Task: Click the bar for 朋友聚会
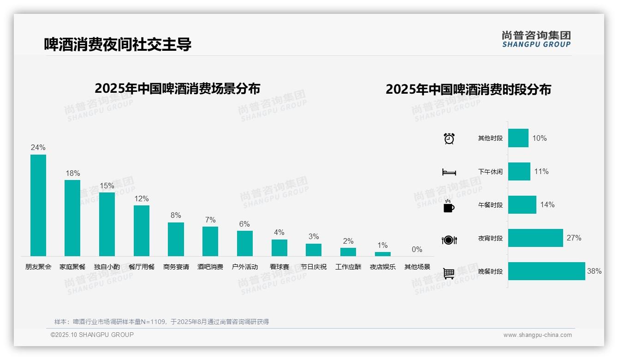point(38,205)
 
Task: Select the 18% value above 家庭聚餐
point(72,174)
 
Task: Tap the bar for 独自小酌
point(107,224)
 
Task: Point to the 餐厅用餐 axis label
point(142,267)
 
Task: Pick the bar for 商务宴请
point(176,239)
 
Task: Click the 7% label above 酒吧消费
point(210,220)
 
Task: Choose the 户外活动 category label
point(245,267)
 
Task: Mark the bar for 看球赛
point(279,248)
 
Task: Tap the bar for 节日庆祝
point(314,250)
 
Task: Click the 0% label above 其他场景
point(417,250)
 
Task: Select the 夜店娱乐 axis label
point(383,267)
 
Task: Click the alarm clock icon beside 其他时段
point(449,138)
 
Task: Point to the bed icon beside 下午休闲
point(449,172)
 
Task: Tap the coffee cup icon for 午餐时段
point(449,206)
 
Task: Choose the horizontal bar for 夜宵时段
point(535,238)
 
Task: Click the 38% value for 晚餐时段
point(594,271)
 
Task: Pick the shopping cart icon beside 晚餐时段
point(449,273)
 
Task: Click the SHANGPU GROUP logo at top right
point(536,39)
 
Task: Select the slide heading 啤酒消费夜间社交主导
point(118,44)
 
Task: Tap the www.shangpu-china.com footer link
point(537,335)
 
